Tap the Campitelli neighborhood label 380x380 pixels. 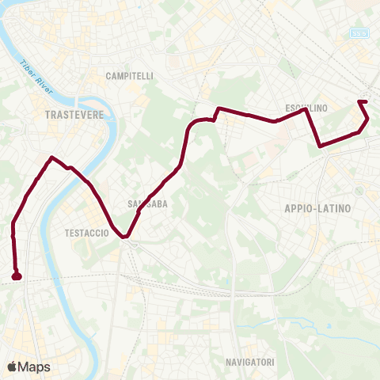129,76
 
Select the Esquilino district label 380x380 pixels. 306,107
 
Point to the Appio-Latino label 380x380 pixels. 317,207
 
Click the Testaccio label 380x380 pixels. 85,234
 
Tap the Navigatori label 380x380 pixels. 249,363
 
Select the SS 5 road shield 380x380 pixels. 360,32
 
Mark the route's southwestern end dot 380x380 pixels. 17,276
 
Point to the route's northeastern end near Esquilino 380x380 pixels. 360,102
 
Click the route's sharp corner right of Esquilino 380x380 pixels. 306,110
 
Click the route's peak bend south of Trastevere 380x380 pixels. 52,157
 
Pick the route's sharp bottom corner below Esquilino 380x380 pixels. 320,146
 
